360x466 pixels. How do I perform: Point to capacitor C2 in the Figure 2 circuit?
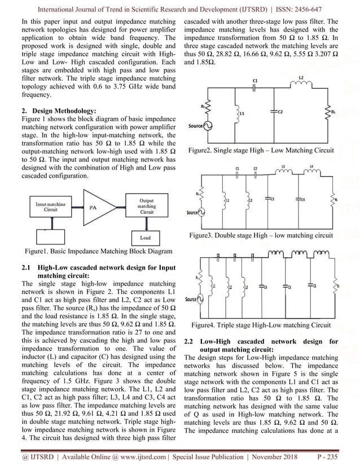tap(273, 112)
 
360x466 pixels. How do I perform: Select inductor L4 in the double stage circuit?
tap(310, 174)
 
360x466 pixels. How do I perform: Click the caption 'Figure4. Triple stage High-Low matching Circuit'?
tap(261, 325)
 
